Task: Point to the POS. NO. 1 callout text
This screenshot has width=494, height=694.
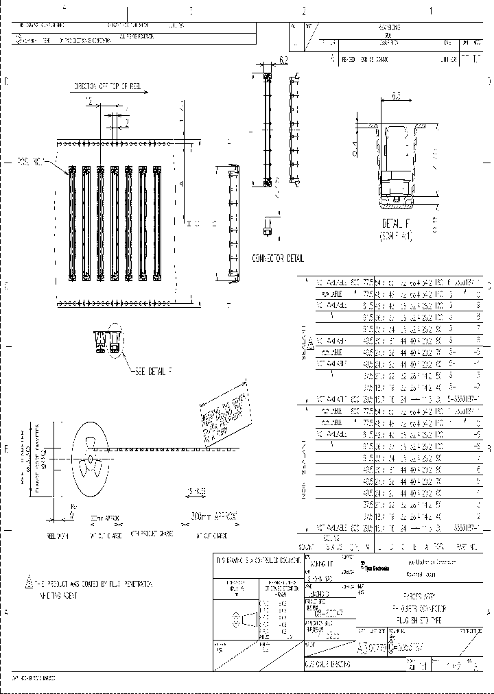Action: [x=30, y=162]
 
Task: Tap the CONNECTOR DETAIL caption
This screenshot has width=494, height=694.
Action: [x=277, y=259]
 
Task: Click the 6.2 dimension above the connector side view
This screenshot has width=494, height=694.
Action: [x=283, y=60]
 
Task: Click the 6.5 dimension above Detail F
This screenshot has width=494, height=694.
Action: [x=397, y=96]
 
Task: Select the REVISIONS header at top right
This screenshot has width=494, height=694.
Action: [x=390, y=27]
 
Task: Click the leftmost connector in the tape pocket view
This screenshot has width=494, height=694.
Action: [x=71, y=224]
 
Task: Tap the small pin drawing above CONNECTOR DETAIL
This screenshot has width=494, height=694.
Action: [x=268, y=227]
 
